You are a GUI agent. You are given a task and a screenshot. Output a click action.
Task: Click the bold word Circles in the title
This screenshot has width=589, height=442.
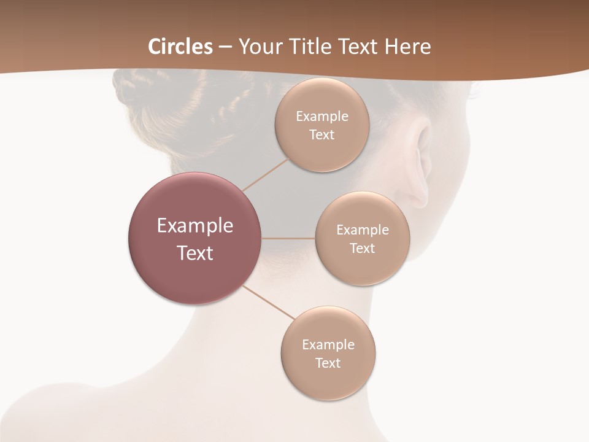coord(180,47)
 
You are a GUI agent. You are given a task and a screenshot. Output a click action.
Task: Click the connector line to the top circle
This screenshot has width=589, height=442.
coord(265,174)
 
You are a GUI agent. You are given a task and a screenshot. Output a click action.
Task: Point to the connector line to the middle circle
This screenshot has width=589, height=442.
coord(288,238)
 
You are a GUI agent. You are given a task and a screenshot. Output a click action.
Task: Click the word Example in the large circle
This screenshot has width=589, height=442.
coord(195,226)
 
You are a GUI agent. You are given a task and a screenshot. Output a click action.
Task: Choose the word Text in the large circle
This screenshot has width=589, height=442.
coord(195,253)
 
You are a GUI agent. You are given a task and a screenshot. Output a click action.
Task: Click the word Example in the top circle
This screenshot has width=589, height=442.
coord(322,117)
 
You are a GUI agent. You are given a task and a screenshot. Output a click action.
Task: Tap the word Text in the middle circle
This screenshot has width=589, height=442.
coord(362,249)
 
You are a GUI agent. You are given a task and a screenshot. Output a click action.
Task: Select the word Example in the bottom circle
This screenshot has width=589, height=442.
coord(328,345)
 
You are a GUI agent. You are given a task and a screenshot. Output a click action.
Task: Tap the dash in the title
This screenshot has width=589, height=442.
coord(225,47)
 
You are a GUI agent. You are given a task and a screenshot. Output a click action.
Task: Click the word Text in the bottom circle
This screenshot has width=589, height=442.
coord(328,363)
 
